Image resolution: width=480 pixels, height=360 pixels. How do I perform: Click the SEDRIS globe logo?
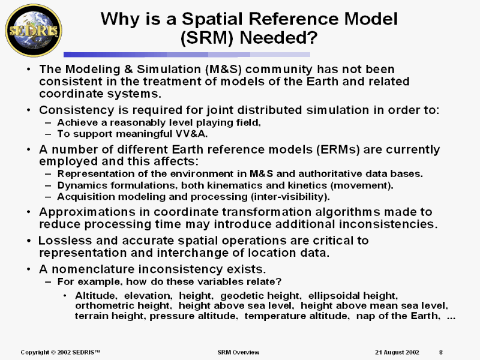click(34, 31)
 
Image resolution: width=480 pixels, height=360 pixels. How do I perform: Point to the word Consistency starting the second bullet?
click(76, 110)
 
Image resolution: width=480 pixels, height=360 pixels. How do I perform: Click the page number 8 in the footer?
click(441, 352)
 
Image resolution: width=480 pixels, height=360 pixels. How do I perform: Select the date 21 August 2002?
click(397, 352)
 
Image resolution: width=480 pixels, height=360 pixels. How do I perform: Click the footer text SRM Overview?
click(238, 352)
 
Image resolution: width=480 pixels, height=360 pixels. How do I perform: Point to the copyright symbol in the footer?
click(53, 352)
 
